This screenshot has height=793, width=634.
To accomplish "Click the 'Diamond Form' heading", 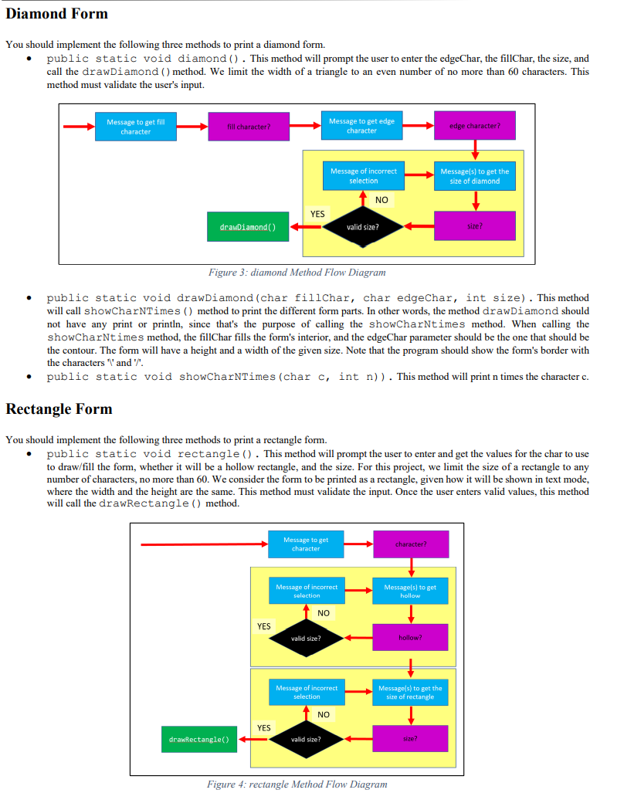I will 57,14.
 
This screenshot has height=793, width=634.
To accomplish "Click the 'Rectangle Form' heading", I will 59,409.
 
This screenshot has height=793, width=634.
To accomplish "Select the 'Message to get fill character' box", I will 136,127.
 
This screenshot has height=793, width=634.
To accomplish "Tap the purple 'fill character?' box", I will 248,127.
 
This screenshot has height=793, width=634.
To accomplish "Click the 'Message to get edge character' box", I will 361,127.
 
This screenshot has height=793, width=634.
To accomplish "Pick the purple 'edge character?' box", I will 474,127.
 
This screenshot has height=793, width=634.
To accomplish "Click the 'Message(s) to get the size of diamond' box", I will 474,176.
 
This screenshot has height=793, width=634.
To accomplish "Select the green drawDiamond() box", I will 244,227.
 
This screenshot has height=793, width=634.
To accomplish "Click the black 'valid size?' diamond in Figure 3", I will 361,227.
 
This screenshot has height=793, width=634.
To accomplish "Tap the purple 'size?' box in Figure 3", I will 474,226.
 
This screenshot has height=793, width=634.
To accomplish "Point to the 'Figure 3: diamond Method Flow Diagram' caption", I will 297,272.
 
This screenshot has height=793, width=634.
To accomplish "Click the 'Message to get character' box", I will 306,544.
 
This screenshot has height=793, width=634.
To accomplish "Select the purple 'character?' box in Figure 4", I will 410,544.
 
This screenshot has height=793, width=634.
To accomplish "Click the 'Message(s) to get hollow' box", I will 410,591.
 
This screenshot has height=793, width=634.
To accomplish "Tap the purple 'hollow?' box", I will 410,638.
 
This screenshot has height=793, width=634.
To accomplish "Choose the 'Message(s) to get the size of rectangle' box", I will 410,692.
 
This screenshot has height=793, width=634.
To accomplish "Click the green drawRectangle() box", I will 198,740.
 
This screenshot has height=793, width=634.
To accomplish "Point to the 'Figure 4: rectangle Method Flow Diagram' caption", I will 297,785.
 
